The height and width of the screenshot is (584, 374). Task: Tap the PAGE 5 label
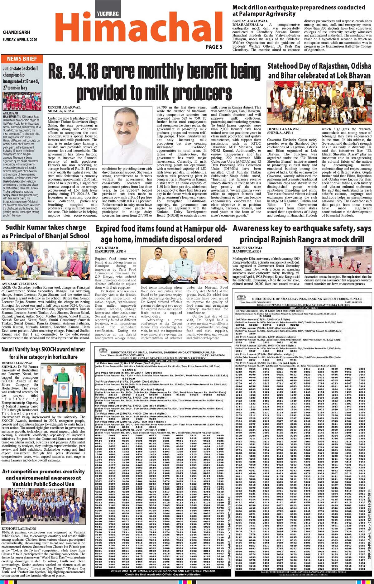tap(214, 47)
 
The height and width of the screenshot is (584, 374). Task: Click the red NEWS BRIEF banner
tap(22, 59)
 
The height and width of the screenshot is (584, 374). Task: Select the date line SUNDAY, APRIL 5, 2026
tap(20, 40)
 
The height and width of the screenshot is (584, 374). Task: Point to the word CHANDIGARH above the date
tap(17, 32)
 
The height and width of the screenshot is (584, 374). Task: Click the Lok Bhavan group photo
tap(319, 103)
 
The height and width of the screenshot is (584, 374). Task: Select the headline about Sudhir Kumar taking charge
tap(46, 232)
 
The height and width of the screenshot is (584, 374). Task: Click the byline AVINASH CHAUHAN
tap(19, 284)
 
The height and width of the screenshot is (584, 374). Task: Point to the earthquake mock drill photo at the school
tap(338, 260)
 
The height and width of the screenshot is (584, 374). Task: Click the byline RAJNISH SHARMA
tap(247, 248)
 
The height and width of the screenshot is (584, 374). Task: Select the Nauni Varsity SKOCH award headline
tap(43, 353)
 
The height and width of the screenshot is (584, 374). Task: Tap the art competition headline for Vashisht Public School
tap(43, 477)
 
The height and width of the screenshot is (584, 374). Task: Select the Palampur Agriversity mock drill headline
tap(299, 10)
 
